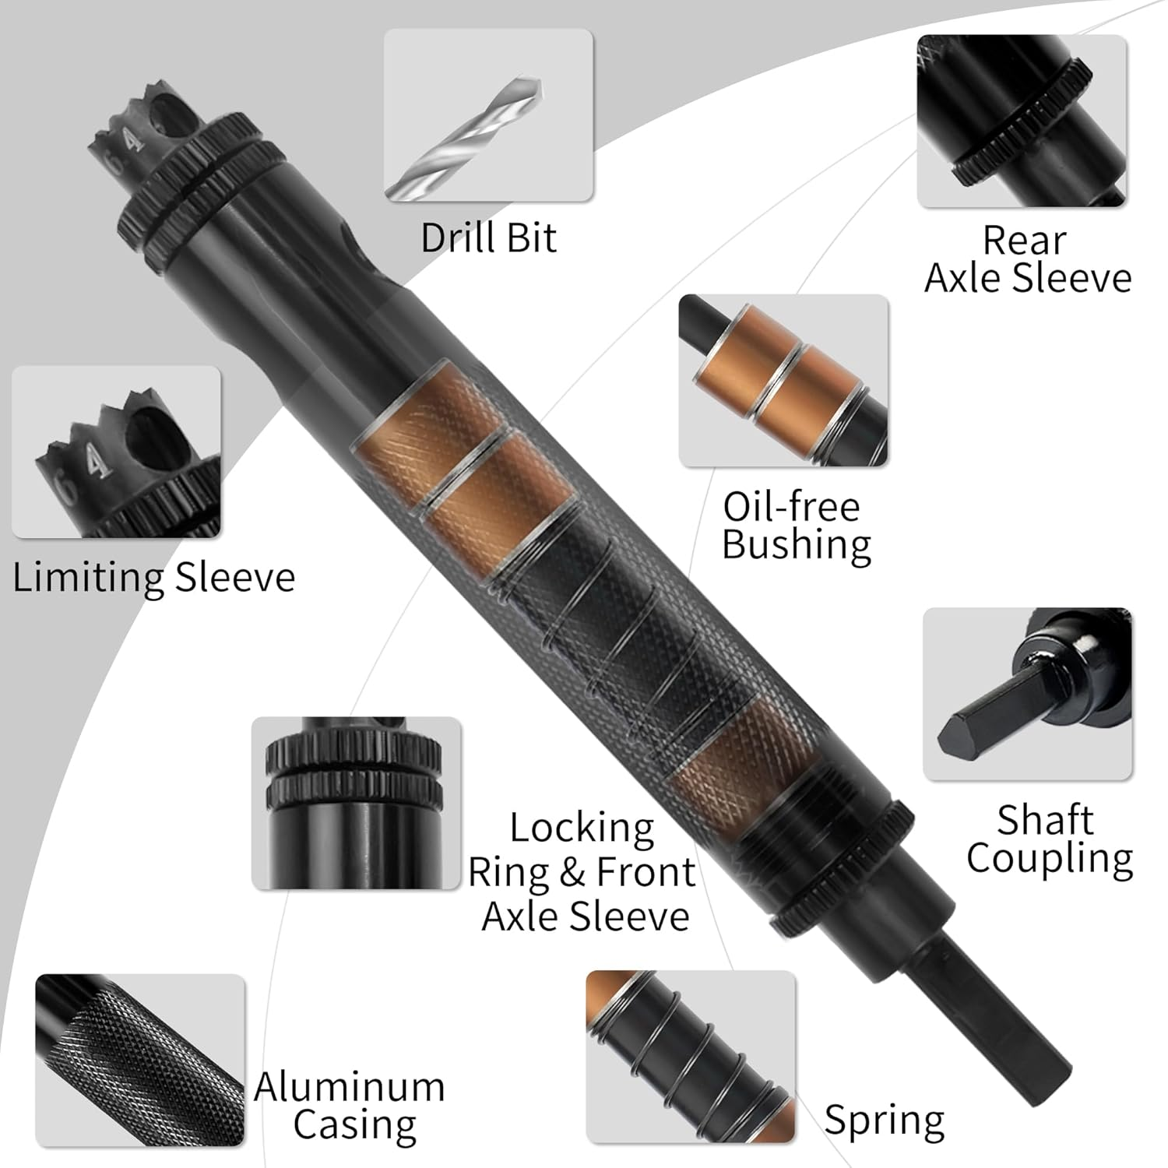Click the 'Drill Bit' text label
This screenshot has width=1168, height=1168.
coord(488,237)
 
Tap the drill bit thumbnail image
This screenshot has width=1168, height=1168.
coord(488,115)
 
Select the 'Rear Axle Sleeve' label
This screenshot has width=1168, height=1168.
coord(1027,259)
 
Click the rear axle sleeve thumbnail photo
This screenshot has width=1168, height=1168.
coord(1022,121)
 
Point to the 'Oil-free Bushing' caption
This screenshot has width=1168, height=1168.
coord(795,526)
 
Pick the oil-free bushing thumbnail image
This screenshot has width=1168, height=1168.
coord(783,381)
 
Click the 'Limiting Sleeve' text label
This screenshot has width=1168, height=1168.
coord(154,578)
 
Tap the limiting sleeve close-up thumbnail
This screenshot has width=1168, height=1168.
coord(116,452)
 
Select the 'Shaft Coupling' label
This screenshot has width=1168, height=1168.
coord(1048,839)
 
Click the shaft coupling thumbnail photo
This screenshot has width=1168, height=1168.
coord(1027,694)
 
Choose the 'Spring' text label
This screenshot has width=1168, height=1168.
coord(885,1121)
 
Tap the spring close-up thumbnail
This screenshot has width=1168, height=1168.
coord(691,1056)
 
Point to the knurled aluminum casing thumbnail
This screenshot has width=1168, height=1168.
coord(140,1060)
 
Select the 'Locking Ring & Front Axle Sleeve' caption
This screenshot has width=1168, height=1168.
coord(582,872)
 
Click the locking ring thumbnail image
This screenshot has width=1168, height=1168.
coord(356,803)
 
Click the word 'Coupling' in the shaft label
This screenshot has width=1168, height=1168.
coord(1049,859)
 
